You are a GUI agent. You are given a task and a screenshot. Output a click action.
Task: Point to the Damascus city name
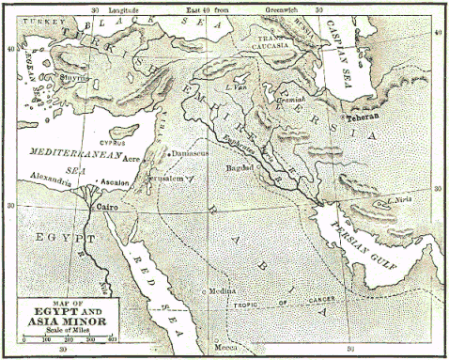coord(190,151)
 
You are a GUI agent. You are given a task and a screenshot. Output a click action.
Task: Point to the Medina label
coord(224,292)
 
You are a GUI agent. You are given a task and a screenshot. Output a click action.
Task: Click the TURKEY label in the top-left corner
coord(25,20)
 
